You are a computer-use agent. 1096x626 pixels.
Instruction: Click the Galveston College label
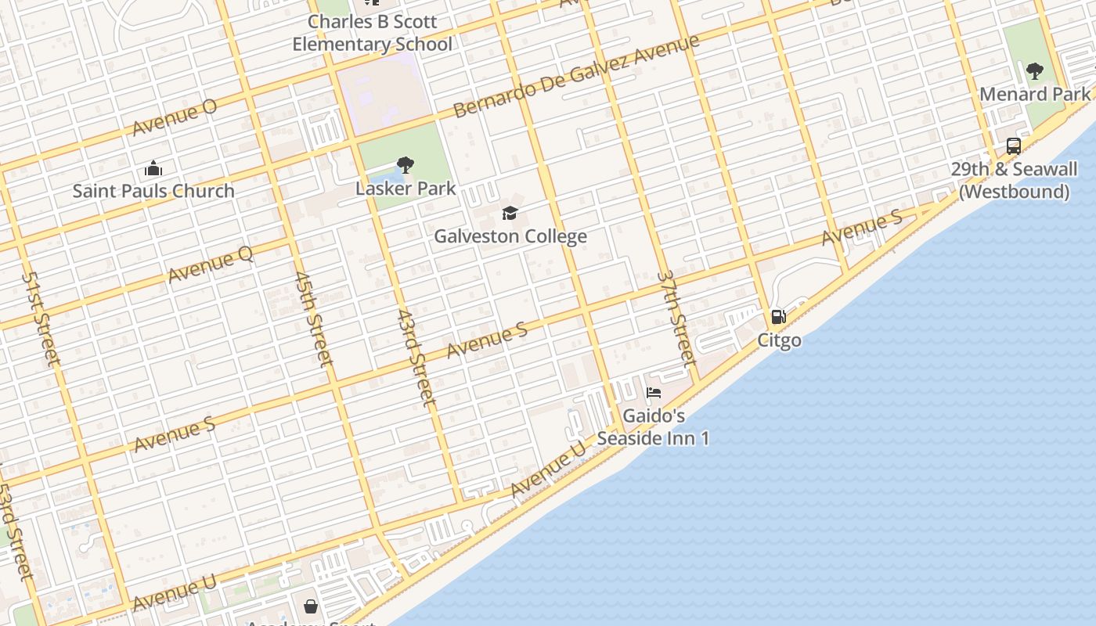pyautogui.click(x=510, y=236)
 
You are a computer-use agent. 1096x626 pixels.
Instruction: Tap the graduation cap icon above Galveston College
pyautogui.click(x=510, y=213)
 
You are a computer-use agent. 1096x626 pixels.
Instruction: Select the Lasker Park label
pyautogui.click(x=406, y=189)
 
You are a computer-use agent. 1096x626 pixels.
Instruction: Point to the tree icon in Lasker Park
pyautogui.click(x=405, y=165)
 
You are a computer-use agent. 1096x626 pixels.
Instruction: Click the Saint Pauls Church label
pyautogui.click(x=153, y=191)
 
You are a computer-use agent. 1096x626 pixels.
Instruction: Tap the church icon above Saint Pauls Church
pyautogui.click(x=153, y=168)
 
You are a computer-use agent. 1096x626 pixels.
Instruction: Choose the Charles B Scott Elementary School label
pyautogui.click(x=373, y=33)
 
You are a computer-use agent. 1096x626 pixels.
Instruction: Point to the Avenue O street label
pyautogui.click(x=174, y=117)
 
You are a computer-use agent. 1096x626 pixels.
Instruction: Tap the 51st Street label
pyautogui.click(x=40, y=318)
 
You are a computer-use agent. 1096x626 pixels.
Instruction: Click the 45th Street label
pyautogui.click(x=313, y=318)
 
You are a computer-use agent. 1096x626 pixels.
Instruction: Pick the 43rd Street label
pyautogui.click(x=415, y=358)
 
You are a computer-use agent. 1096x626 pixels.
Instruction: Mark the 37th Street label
pyautogui.click(x=676, y=318)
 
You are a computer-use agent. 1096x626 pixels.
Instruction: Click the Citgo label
pyautogui.click(x=779, y=340)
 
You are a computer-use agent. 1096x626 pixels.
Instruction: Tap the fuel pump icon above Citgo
pyautogui.click(x=778, y=317)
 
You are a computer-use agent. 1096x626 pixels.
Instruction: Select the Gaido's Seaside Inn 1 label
pyautogui.click(x=654, y=427)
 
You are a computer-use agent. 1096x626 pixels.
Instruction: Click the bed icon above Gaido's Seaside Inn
pyautogui.click(x=654, y=392)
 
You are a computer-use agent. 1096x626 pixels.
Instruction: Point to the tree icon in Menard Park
pyautogui.click(x=1035, y=71)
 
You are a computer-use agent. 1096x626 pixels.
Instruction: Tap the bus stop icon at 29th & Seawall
pyautogui.click(x=1013, y=146)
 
